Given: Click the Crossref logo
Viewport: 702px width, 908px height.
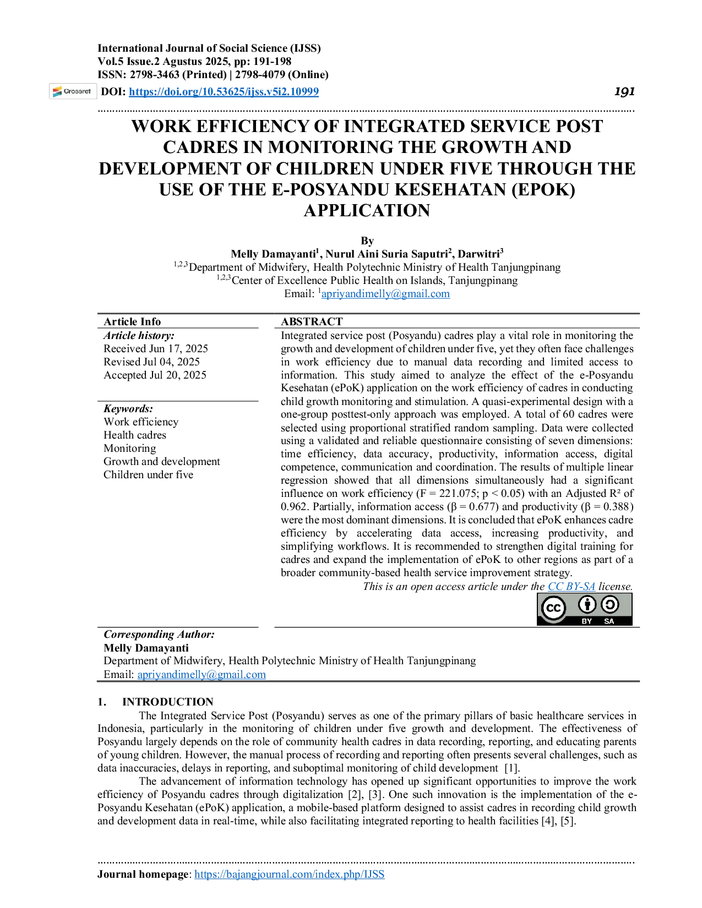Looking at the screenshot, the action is coord(73,91).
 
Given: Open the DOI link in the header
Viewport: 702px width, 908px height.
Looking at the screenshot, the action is coord(224,91).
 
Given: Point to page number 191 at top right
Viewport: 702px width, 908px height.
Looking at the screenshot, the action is coord(624,91).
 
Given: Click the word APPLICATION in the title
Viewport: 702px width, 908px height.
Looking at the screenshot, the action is coord(367,210).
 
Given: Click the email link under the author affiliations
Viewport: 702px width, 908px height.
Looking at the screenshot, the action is coord(385,294).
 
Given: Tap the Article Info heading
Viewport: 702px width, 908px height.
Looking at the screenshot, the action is coord(132,321).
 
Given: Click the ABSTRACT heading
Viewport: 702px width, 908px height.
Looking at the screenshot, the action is coord(312,321).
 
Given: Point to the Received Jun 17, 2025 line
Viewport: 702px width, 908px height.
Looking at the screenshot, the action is coord(155,348).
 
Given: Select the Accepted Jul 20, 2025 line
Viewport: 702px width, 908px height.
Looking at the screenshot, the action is coord(155,375).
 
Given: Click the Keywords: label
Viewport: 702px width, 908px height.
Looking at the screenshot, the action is coord(128,408).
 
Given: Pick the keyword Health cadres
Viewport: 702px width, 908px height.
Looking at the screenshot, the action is coord(135,435).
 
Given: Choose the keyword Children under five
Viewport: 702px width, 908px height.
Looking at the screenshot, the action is coord(149,475).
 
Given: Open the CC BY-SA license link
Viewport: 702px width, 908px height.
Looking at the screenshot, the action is coord(572,586).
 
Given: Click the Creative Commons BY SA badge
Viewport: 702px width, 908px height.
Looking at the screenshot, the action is coord(585,609).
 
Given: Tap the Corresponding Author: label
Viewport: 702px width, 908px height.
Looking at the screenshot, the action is coord(159,634).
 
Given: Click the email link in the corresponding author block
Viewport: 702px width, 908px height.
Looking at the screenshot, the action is coord(202,675).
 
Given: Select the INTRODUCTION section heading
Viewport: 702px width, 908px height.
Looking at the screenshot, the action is coord(168,702).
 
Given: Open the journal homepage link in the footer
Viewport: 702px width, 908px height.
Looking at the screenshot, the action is coord(289,874).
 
